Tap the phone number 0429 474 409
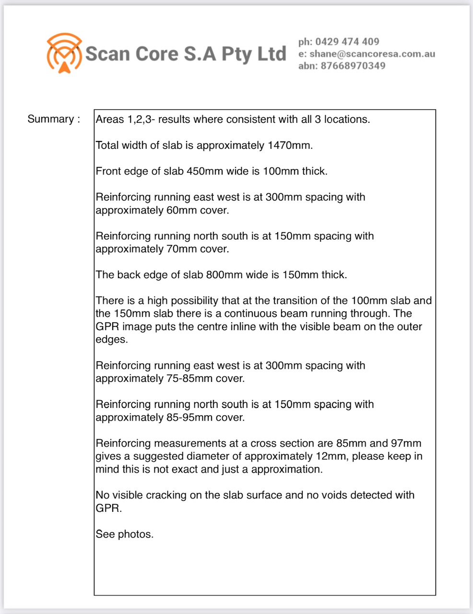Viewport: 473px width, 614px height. (x=347, y=42)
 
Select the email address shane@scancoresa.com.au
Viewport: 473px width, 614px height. (x=372, y=54)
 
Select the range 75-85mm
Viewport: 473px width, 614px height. (x=189, y=378)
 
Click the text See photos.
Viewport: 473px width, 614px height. (x=125, y=534)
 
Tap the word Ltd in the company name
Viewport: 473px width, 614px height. (x=272, y=53)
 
